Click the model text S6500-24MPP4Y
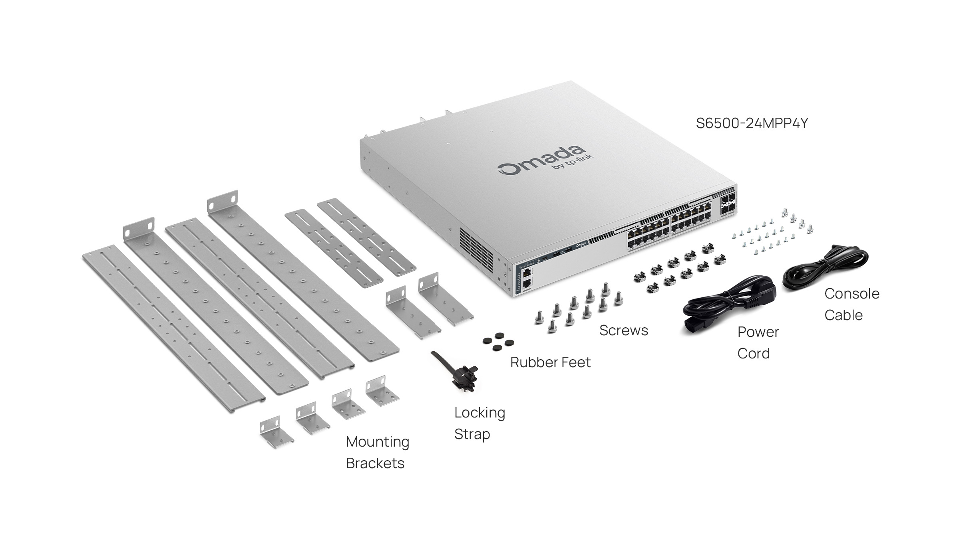pos(752,123)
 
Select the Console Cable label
pos(852,305)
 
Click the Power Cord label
pos(758,342)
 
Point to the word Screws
pos(623,330)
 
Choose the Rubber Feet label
pos(550,362)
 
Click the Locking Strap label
pos(479,423)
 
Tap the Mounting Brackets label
pos(377,452)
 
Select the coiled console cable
pos(825,266)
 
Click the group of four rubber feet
pos(498,342)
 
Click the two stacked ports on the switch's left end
pos(527,278)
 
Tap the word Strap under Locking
pos(472,434)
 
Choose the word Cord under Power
pos(753,354)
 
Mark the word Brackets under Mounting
pos(375,463)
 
